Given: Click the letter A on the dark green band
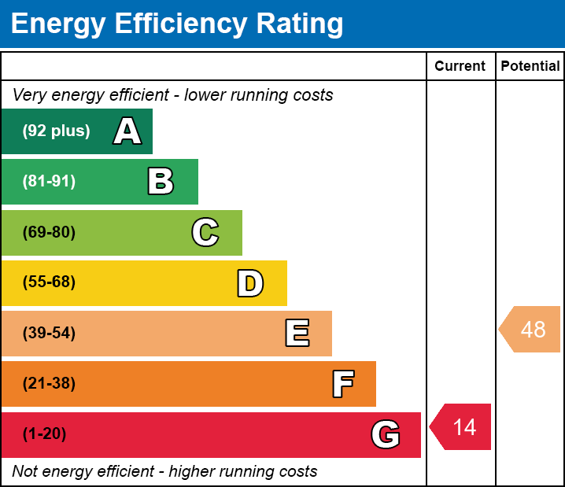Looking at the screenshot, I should [x=127, y=131].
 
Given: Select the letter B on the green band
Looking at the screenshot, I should [x=161, y=182].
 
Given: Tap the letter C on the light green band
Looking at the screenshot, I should [x=205, y=233].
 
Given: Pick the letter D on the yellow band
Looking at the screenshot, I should [x=250, y=283].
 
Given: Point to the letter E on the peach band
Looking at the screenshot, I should [x=297, y=334].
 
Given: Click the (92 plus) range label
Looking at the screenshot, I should [x=56, y=131].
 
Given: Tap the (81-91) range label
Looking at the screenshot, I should [x=49, y=182].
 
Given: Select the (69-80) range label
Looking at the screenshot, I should [x=49, y=233].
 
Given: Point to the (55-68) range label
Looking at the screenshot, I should [x=49, y=282].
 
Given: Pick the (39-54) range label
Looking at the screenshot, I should [x=49, y=334].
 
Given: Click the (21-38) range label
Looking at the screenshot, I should [x=49, y=384].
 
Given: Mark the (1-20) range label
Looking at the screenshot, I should [x=44, y=434].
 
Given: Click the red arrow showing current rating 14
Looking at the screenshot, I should [x=461, y=427].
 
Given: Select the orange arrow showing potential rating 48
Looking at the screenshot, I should [x=530, y=329].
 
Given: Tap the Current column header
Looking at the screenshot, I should [x=460, y=67].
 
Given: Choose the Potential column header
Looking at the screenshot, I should [x=530, y=67].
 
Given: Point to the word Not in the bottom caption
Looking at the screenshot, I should [x=25, y=472].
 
